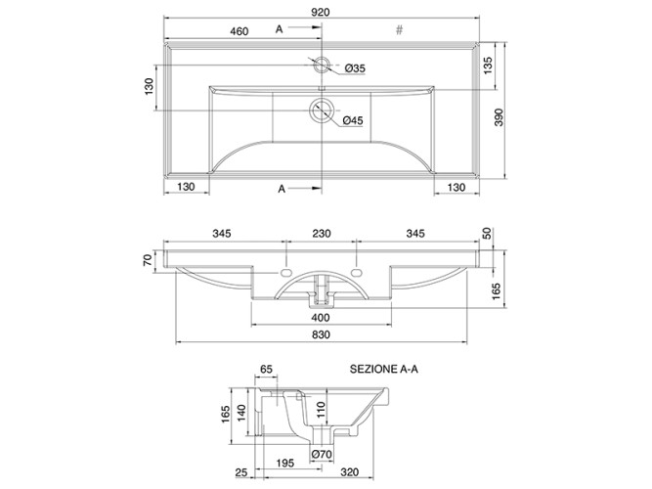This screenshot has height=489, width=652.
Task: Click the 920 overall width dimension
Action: [x=321, y=12]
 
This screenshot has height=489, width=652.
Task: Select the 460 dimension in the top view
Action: [x=239, y=31]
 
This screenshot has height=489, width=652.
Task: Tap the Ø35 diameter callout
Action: [x=355, y=68]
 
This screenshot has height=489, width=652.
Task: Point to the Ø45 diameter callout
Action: [x=353, y=120]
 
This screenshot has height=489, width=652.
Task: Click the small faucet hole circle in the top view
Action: [x=322, y=65]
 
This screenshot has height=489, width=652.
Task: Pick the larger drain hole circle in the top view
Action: [x=322, y=111]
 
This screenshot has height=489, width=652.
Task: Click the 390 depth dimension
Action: [x=499, y=117]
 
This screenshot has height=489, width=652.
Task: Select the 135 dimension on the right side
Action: [x=488, y=66]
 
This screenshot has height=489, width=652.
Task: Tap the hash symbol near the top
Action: [x=399, y=29]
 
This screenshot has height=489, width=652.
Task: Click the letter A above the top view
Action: [x=279, y=28]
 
